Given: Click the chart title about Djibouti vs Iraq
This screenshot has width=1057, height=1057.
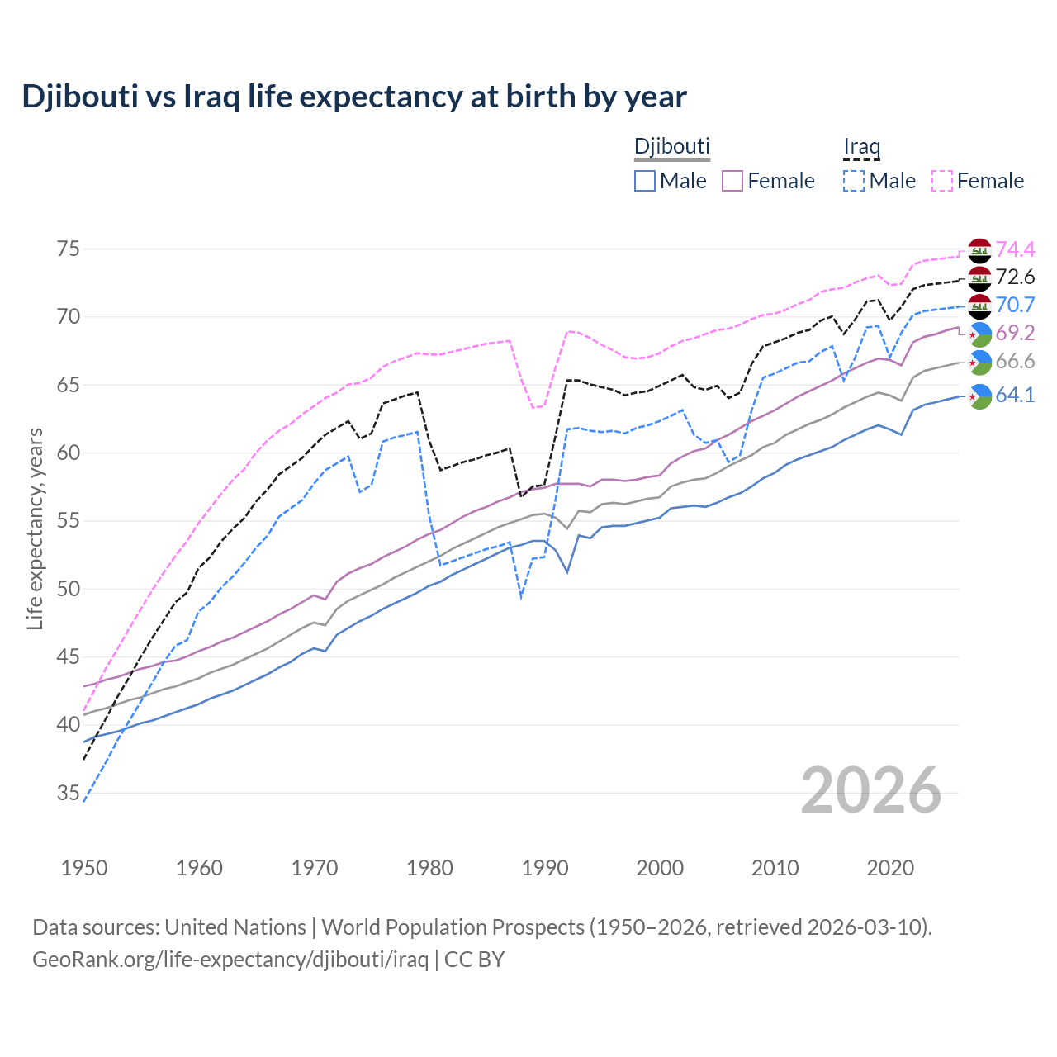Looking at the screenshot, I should tap(354, 97).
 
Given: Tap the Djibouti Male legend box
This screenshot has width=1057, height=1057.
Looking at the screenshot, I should tap(645, 181).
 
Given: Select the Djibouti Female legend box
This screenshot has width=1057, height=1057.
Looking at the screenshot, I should tap(732, 181).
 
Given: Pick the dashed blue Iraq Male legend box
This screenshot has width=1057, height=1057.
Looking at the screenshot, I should tap(854, 181).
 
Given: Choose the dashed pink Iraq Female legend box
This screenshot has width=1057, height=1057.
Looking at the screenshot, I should tap(942, 181).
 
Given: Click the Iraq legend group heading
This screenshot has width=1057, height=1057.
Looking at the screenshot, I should tap(861, 147).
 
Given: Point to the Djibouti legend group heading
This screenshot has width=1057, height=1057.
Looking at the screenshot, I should tap(671, 146).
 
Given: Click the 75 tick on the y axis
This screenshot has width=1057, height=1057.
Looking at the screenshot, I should tap(69, 249).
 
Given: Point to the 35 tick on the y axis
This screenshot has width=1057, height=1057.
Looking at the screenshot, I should tap(69, 794).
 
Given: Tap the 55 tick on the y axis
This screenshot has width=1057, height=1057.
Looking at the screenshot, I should tap(69, 521).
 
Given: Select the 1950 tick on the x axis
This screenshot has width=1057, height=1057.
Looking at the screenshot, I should tap(84, 868).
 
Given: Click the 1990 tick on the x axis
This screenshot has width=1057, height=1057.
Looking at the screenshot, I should tap(545, 868).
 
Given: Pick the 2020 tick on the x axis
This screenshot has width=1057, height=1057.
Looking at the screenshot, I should tap(890, 868).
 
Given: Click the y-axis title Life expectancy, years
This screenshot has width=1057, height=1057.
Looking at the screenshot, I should tap(35, 528).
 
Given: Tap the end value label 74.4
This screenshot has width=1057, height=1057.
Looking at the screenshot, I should tap(1015, 249).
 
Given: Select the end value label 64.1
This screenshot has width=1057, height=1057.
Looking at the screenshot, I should tap(1015, 395).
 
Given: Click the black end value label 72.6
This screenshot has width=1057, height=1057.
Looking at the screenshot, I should tap(1015, 277).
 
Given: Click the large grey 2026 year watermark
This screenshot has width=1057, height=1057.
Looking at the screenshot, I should tap(871, 790).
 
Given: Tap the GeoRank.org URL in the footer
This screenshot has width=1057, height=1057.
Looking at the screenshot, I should tap(230, 960).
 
